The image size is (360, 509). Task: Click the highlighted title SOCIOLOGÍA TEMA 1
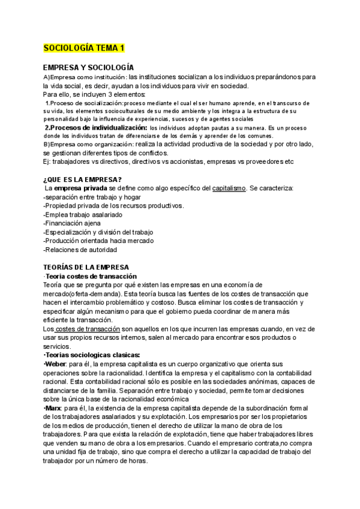pyautogui.click(x=84, y=48)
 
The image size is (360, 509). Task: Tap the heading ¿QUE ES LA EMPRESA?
pyautogui.click(x=83, y=179)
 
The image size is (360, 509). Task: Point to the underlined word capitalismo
pyautogui.click(x=229, y=188)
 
